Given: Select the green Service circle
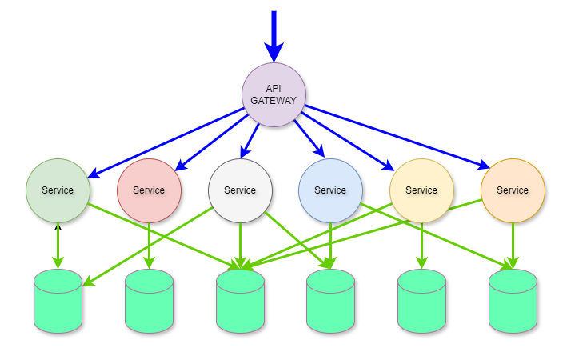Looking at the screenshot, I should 58,190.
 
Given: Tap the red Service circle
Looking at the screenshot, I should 149,190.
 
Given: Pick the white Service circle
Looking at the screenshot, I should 240,190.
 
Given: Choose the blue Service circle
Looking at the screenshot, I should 330,190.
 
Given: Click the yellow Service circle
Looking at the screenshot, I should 421,190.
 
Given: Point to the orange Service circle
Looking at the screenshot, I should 513,190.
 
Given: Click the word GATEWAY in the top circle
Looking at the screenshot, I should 274,101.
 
